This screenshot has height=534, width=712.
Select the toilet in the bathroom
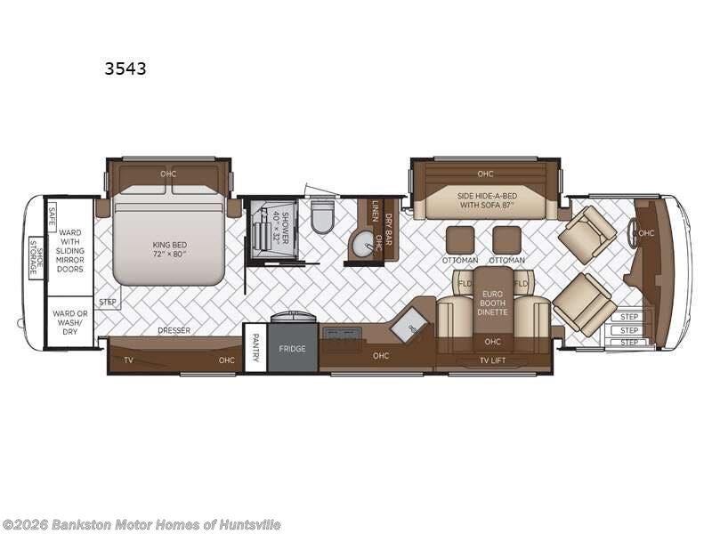pos(322,216)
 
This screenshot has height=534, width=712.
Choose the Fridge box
pos(292,348)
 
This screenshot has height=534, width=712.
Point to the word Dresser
pos(174,330)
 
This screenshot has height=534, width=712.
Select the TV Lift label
pos(492,360)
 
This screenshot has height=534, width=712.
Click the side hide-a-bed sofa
pos(485,199)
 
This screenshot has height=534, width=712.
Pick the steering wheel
pos(633,233)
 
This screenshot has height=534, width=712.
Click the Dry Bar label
pos(386,228)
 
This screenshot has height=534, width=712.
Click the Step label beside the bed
pos(107,302)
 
